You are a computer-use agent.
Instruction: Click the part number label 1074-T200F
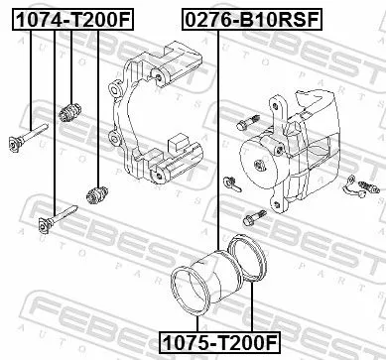(x=68, y=18)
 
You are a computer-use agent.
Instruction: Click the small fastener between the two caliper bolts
(x=231, y=181)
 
